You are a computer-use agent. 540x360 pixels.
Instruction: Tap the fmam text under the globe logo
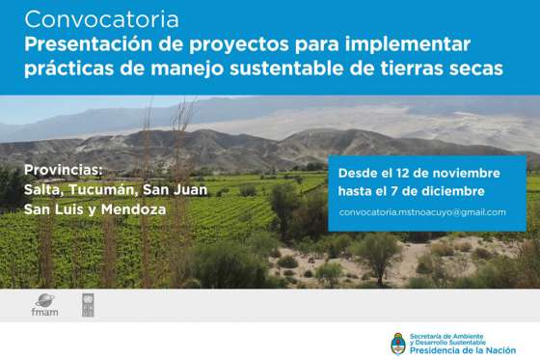(44, 313)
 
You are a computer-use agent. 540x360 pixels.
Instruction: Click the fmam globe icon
(44, 299)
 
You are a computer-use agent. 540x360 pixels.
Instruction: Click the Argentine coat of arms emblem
(398, 342)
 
